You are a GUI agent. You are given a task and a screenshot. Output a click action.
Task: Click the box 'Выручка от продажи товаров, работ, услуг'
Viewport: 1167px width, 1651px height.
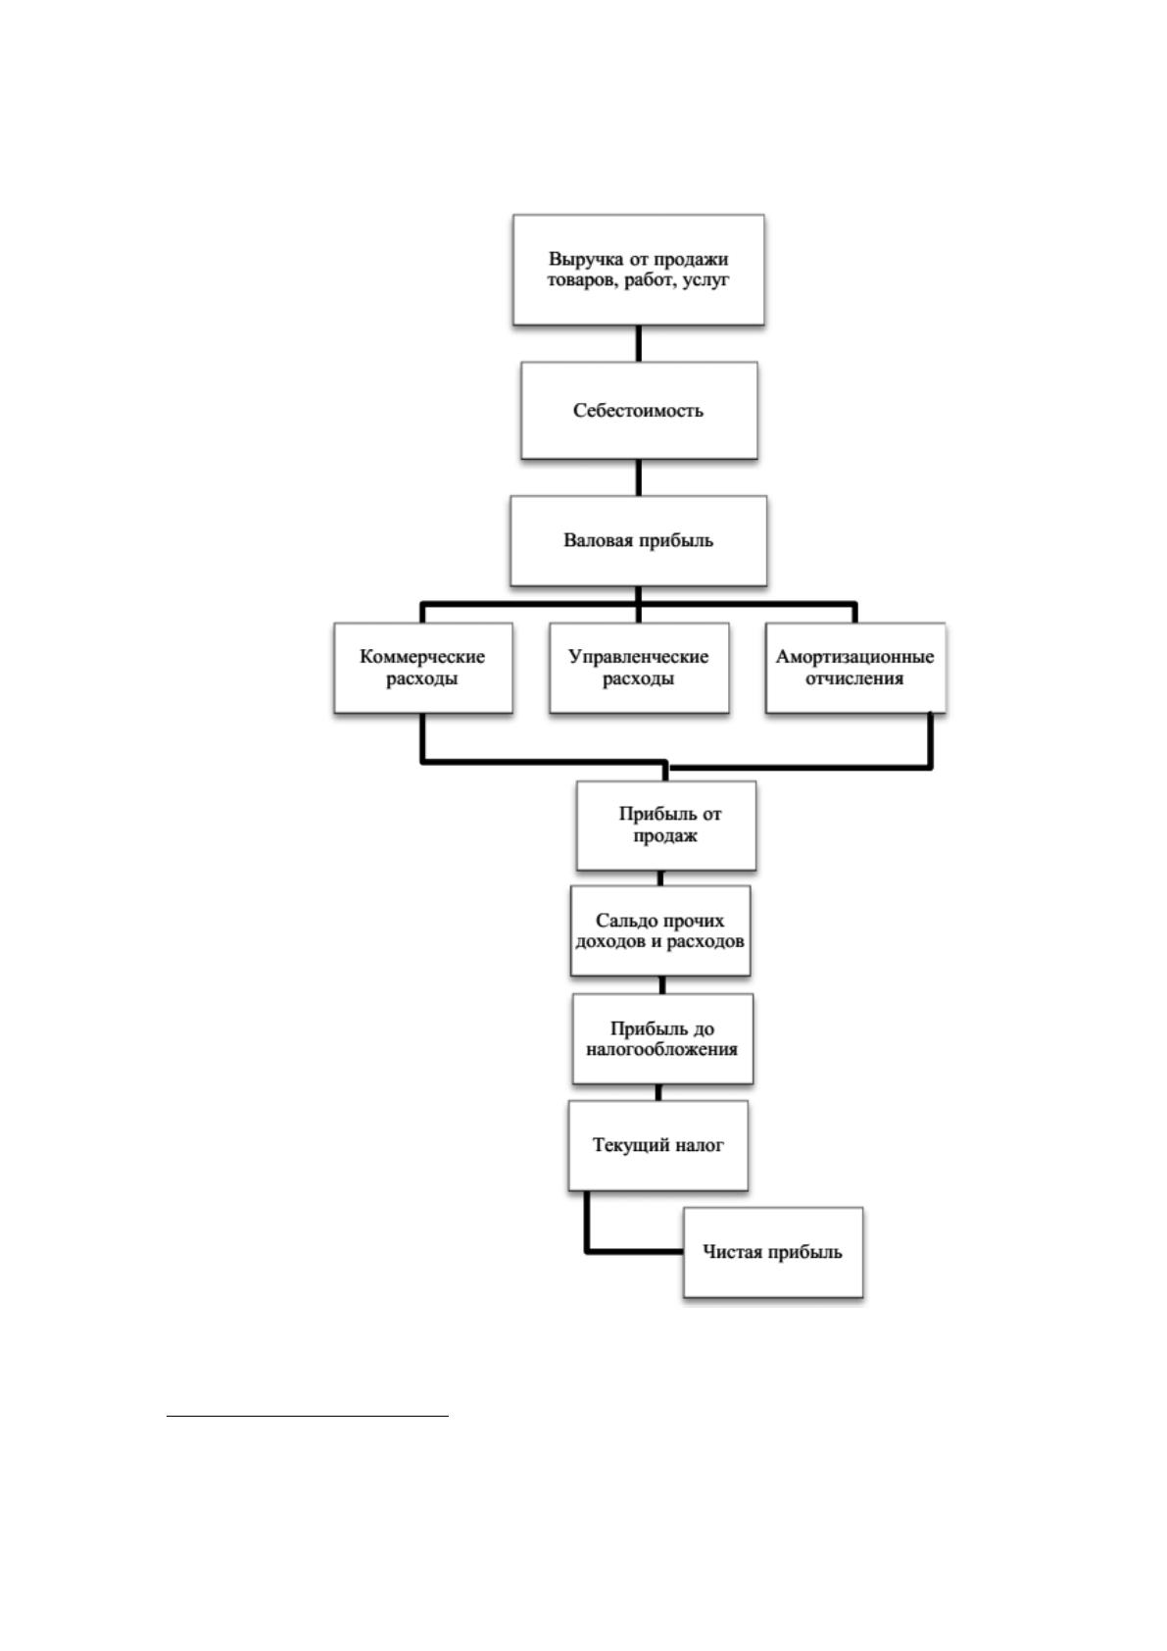(x=638, y=270)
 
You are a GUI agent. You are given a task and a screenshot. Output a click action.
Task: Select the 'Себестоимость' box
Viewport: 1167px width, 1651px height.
(x=639, y=411)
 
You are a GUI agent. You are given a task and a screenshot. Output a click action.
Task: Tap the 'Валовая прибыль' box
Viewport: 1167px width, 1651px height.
(x=638, y=541)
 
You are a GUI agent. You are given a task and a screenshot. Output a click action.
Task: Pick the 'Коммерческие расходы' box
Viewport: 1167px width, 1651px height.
(x=423, y=668)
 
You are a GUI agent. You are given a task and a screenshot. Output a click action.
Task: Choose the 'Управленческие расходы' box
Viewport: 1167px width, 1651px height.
(x=639, y=668)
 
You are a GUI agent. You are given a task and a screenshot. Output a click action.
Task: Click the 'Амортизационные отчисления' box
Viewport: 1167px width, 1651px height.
(x=855, y=668)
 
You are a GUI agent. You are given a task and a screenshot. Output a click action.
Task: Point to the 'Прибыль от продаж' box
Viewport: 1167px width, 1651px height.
(x=666, y=825)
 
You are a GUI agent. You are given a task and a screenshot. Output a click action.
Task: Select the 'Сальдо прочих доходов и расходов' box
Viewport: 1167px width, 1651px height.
(x=660, y=931)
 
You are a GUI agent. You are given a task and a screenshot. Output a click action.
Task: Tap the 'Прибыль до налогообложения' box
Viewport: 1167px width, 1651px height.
(x=662, y=1038)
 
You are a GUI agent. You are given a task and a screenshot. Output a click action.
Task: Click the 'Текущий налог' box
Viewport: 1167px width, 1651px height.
(x=657, y=1145)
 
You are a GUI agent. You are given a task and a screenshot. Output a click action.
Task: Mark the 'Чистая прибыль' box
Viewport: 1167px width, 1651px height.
(x=773, y=1252)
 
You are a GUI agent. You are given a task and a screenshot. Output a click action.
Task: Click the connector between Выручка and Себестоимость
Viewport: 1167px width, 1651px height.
(x=638, y=343)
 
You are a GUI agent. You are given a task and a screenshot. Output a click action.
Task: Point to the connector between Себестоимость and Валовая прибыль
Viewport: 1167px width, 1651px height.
(x=638, y=477)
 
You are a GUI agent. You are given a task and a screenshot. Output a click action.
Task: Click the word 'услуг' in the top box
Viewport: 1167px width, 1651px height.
(x=705, y=280)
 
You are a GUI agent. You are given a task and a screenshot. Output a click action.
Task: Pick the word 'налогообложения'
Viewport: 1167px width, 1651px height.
(x=661, y=1050)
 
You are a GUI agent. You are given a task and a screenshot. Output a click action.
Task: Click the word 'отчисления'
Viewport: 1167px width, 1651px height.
(x=853, y=678)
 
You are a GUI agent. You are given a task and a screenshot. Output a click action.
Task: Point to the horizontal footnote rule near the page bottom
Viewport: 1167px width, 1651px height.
(x=308, y=1416)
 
